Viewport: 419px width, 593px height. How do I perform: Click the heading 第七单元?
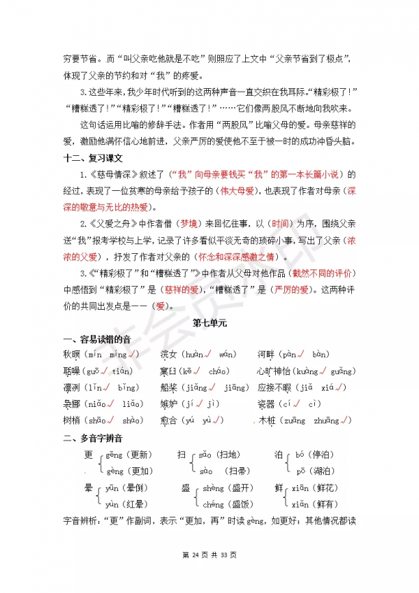(x=209, y=323)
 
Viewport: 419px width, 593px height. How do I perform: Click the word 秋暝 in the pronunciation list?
(x=72, y=355)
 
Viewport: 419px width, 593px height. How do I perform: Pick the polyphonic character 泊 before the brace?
(x=278, y=454)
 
